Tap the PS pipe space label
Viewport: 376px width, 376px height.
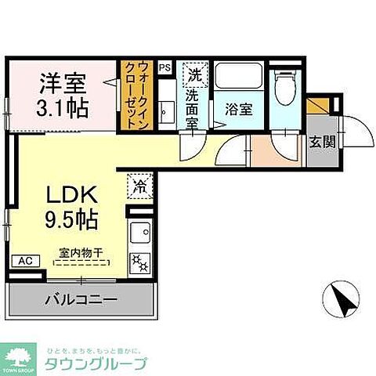tap(165, 68)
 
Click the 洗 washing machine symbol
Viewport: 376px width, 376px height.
tap(193, 74)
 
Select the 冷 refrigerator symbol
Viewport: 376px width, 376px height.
tap(138, 186)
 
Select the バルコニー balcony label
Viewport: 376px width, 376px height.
tap(81, 299)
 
